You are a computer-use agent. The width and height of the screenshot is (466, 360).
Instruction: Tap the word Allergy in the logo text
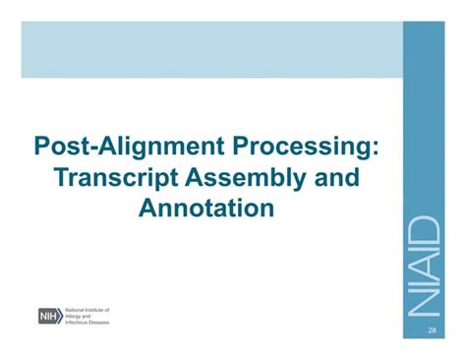pos(76,316)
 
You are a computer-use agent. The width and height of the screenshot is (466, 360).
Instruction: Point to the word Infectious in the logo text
pos(79,322)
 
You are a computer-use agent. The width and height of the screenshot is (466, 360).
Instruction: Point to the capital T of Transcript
pos(64,178)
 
